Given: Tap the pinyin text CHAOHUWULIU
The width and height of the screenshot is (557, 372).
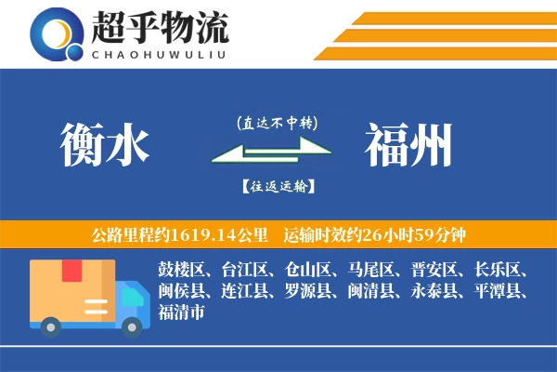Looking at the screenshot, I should tap(159, 52).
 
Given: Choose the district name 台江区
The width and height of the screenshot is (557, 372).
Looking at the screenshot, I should tap(244, 271).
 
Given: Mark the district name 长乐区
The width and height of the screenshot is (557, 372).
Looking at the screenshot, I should tap(499, 271).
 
